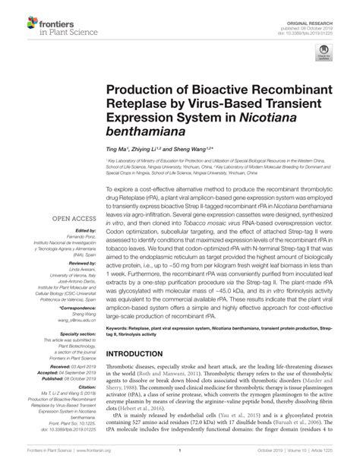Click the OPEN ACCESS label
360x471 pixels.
pyautogui.click(x=70, y=219)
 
